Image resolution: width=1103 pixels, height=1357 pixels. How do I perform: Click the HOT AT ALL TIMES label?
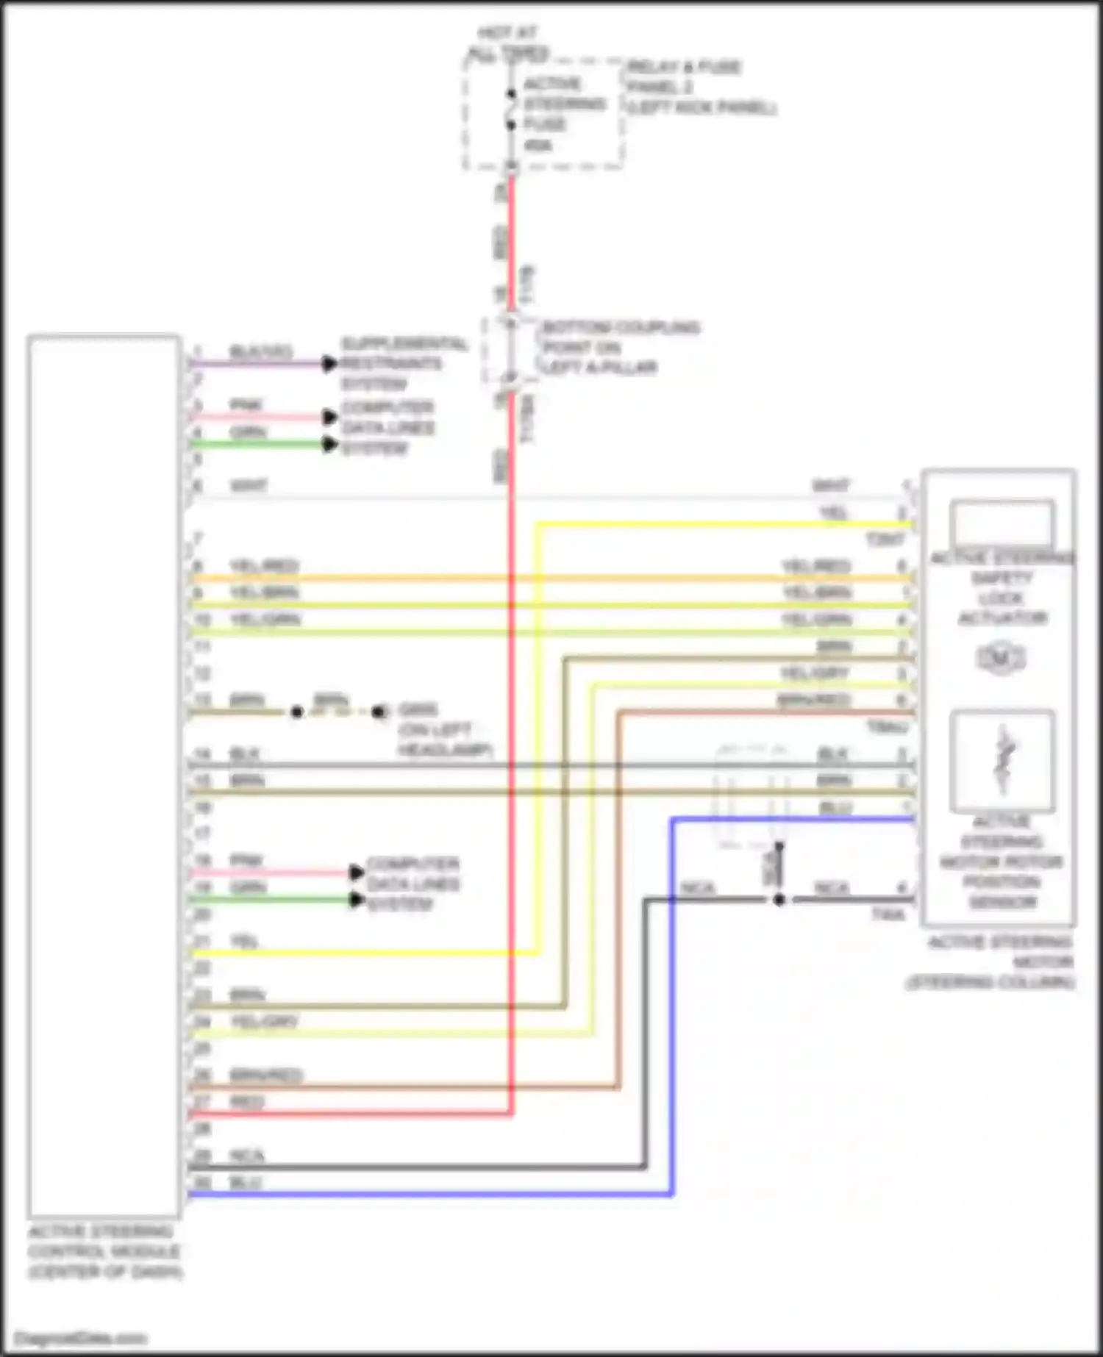tap(509, 43)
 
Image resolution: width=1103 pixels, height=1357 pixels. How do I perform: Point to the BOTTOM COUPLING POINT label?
tap(620, 347)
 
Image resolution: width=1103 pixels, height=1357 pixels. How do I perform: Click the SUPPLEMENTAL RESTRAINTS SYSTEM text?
tap(403, 364)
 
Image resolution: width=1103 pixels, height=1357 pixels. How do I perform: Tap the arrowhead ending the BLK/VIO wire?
tap(329, 363)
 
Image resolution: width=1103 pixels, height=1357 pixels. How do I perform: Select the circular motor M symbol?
tap(1000, 659)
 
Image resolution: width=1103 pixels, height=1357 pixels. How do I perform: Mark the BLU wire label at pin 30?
tap(246, 1183)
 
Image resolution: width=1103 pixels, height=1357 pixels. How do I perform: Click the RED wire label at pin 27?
tap(246, 1102)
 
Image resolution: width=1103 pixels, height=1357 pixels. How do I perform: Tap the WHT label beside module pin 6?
tap(249, 486)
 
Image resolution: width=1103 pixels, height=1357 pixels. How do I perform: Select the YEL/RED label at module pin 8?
tap(264, 566)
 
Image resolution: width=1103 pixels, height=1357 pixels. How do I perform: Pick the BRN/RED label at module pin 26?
tap(265, 1075)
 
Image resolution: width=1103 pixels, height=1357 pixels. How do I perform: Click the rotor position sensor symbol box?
tap(1002, 760)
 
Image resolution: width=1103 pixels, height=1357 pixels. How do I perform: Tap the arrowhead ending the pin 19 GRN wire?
tap(357, 900)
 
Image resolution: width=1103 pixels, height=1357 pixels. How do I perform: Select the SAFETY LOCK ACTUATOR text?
tap(1002, 598)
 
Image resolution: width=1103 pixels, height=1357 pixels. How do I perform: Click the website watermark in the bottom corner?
tap(81, 1338)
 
